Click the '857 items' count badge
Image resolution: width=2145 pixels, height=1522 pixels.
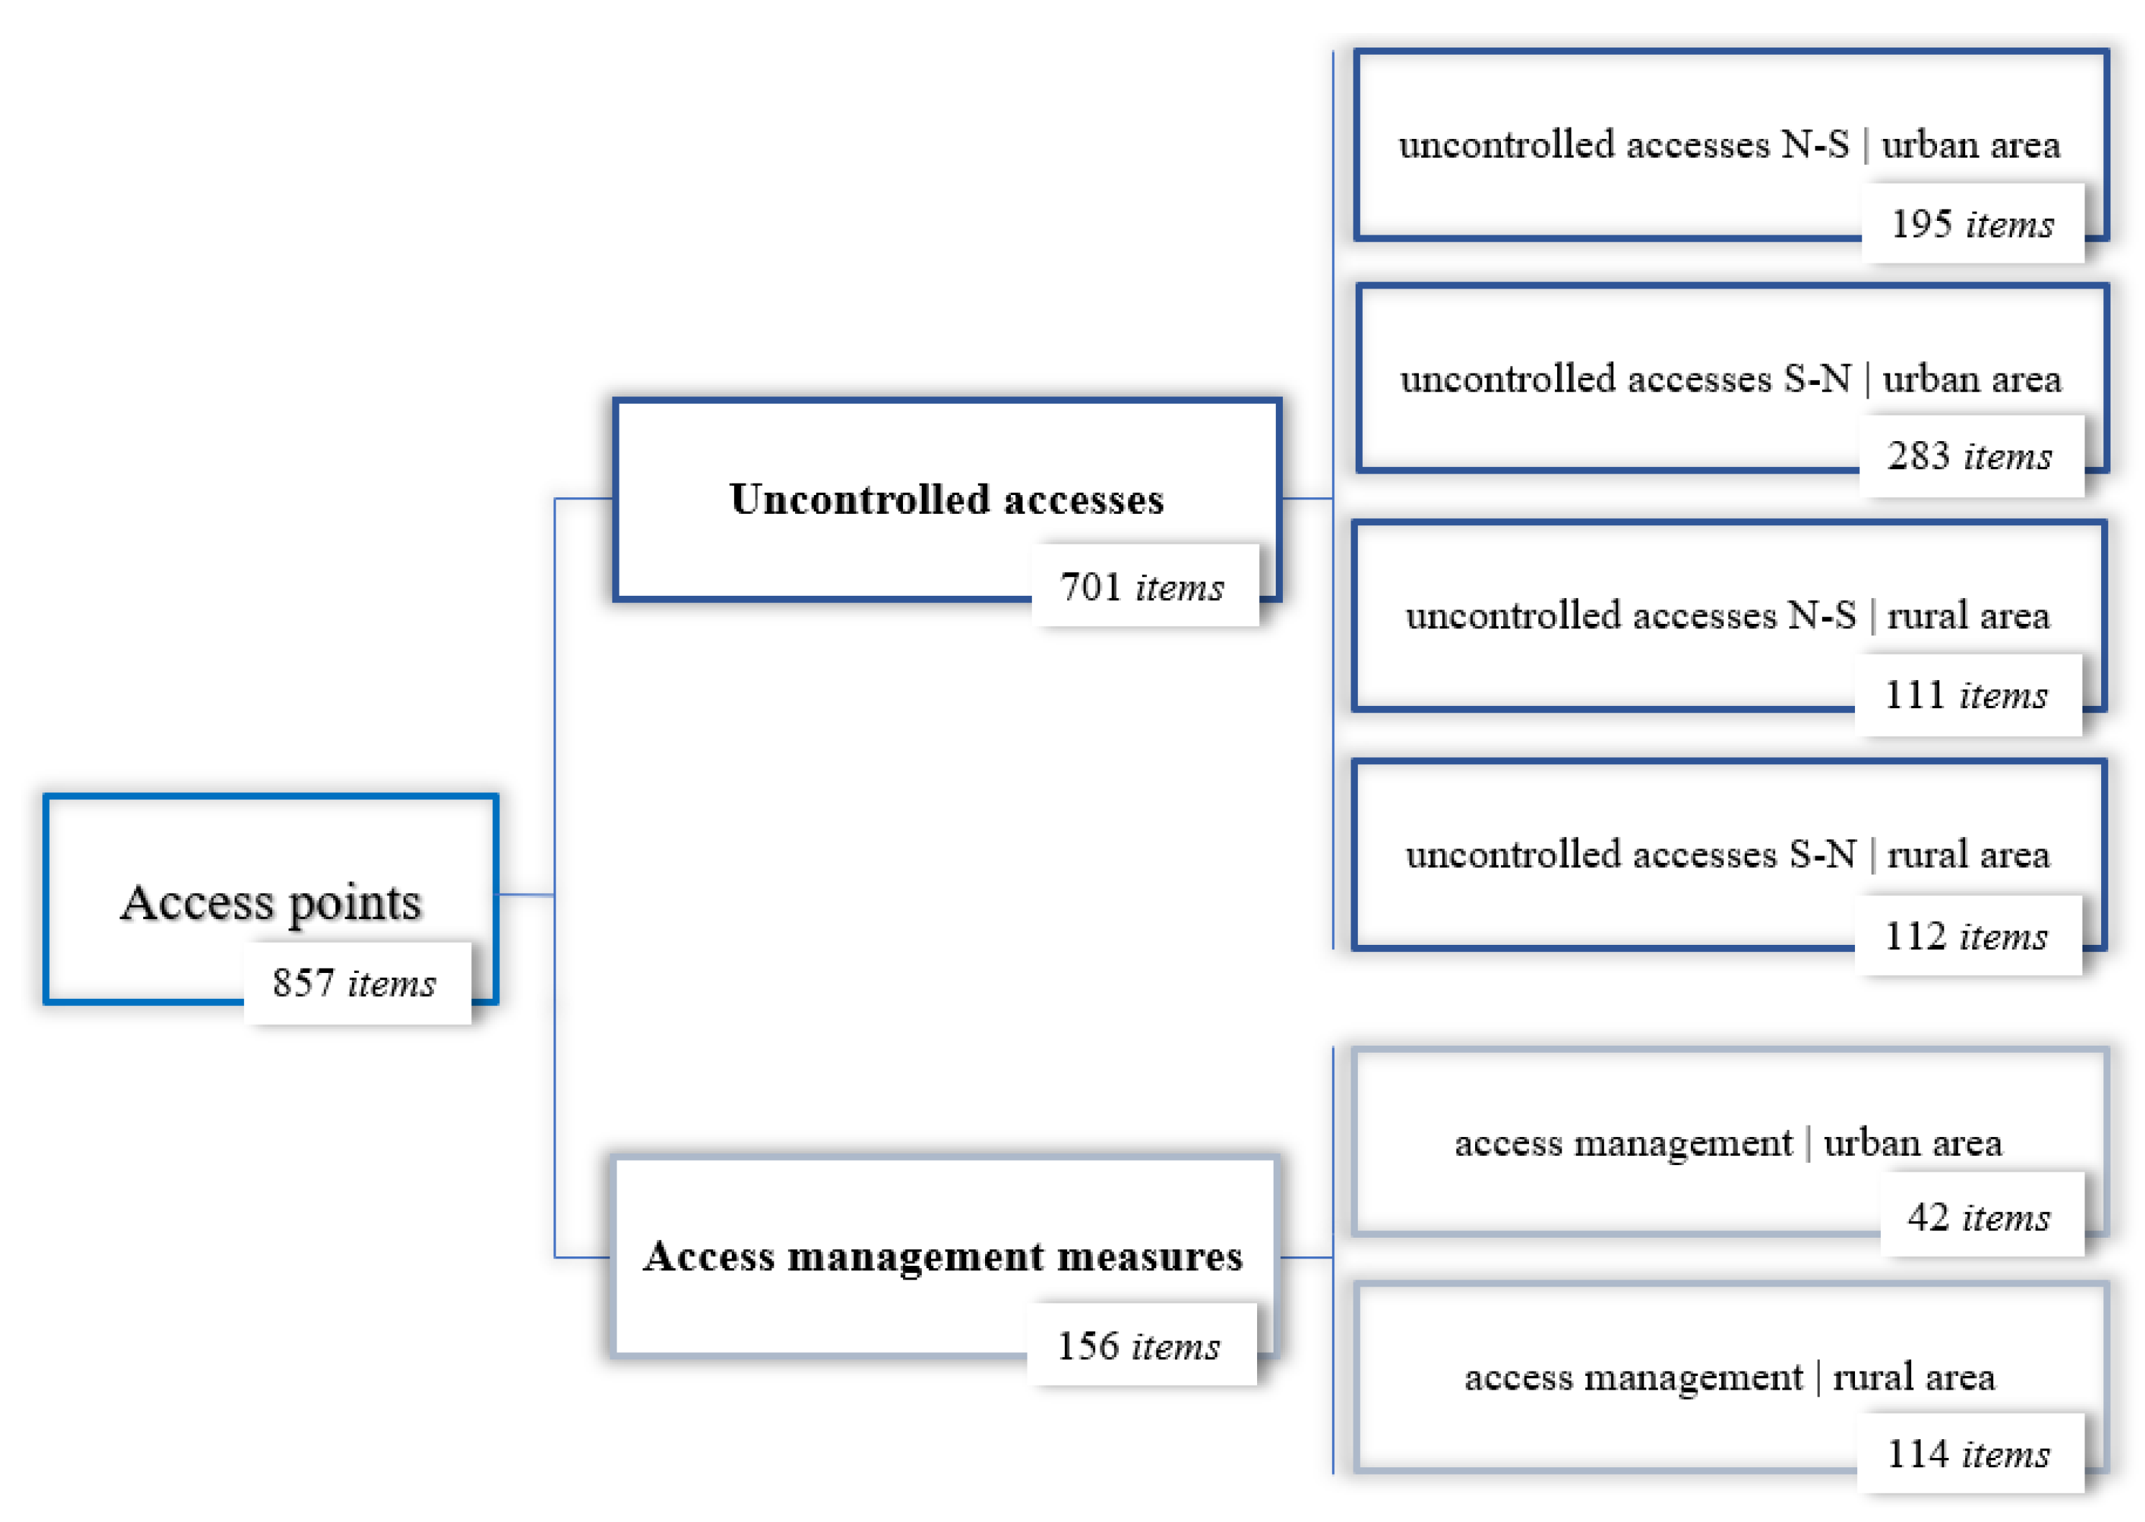[x=356, y=983]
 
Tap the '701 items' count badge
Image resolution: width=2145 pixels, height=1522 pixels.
[x=1143, y=586]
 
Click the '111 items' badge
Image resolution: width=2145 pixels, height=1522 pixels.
[x=1967, y=695]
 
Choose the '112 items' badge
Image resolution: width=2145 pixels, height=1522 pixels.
[x=1967, y=936]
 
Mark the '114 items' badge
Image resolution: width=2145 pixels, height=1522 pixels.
[x=1969, y=1454]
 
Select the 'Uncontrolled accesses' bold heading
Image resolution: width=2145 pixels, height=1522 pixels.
[x=946, y=499]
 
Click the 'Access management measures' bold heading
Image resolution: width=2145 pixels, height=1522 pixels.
[x=943, y=1256]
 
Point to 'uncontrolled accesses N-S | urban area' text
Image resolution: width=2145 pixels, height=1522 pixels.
[x=1730, y=145]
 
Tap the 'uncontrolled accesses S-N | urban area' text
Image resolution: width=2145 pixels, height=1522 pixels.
[x=1731, y=379]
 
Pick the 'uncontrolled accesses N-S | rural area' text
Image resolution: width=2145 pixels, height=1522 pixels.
[x=1728, y=616]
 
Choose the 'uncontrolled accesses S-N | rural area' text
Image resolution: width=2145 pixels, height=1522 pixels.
[x=1728, y=855]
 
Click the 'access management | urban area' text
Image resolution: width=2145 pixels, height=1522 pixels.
[x=1728, y=1143]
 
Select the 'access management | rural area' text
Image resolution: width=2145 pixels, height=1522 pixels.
[x=1730, y=1377]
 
